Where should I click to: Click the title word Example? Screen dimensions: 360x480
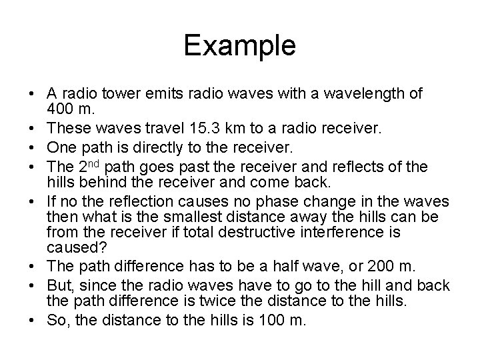tap(239, 46)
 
